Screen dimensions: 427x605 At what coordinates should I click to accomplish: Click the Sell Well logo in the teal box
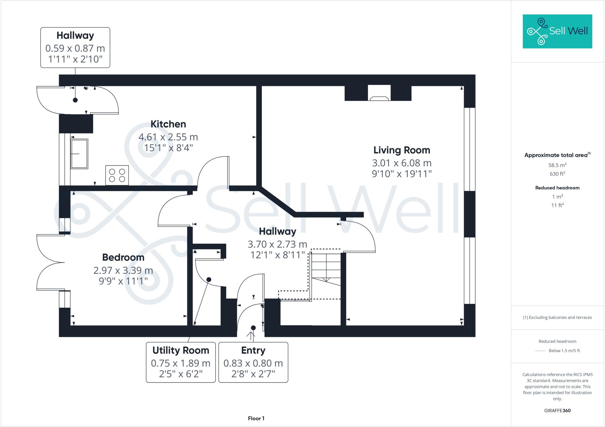(x=557, y=31)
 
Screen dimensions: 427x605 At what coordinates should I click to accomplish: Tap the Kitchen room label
(x=168, y=124)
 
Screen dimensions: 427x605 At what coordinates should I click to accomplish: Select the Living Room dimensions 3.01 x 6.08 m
(x=401, y=163)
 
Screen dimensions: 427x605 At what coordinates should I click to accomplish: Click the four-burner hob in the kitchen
(x=117, y=175)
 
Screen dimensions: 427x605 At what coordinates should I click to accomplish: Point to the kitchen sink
(x=79, y=154)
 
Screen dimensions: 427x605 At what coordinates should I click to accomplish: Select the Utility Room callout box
(x=180, y=362)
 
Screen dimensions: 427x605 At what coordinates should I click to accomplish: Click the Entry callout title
(x=253, y=350)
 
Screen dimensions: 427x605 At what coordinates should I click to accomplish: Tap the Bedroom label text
(x=123, y=257)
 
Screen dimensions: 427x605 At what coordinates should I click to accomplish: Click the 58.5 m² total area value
(x=557, y=165)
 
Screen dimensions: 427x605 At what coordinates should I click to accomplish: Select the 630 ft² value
(x=557, y=174)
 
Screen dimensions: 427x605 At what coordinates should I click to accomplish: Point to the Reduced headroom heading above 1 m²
(x=557, y=188)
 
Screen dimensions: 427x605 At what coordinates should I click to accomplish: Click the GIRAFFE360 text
(x=557, y=410)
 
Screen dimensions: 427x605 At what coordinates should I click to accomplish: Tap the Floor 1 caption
(x=256, y=418)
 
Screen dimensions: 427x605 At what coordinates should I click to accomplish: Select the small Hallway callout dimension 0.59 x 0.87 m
(x=75, y=48)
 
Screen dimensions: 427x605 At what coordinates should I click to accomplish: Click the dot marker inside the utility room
(x=209, y=279)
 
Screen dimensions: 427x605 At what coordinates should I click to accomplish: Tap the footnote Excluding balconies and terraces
(x=557, y=317)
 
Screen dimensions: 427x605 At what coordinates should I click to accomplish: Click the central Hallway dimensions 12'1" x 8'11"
(x=277, y=255)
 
